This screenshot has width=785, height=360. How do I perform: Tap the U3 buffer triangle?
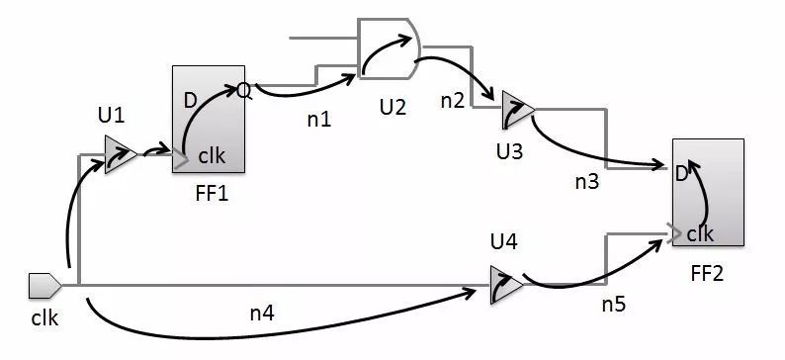click(514, 109)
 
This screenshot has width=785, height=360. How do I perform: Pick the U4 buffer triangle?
click(503, 283)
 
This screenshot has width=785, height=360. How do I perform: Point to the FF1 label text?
click(213, 193)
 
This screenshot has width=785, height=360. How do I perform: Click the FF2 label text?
click(707, 271)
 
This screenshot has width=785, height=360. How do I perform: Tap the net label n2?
click(453, 100)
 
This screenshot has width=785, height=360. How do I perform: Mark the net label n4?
click(264, 315)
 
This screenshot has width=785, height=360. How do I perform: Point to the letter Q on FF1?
click(243, 91)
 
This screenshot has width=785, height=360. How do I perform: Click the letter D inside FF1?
click(189, 100)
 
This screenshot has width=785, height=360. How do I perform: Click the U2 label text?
click(392, 106)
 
